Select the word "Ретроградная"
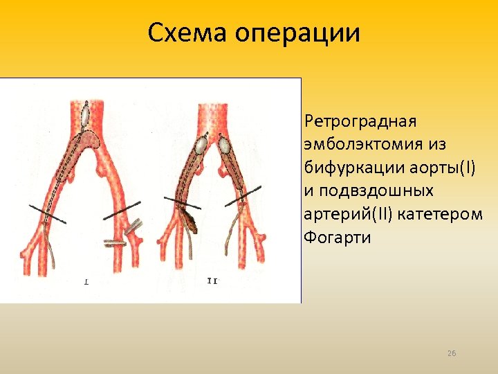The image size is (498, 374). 360,122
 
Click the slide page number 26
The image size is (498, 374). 452,354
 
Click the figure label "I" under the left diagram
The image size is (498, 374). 86,282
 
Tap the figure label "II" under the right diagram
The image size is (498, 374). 213,280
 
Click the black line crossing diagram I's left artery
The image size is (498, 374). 47,213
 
